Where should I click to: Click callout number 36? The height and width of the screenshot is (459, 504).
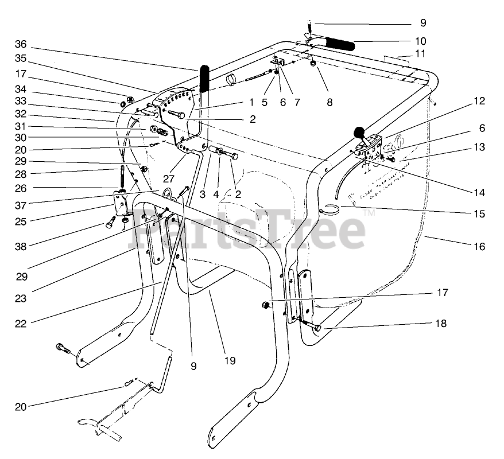tap(21, 45)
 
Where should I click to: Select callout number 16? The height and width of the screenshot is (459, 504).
tap(479, 247)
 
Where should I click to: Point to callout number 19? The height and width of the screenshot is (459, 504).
tap(229, 361)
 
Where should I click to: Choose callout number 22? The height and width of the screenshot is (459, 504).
tap(21, 324)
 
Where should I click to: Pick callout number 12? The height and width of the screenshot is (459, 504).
tap(479, 102)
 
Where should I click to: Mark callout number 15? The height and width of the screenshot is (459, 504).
tap(479, 214)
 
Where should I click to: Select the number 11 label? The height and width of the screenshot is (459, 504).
tap(420, 53)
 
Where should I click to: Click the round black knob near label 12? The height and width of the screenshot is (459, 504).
tap(359, 133)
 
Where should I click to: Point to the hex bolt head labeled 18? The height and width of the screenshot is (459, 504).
tap(319, 328)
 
